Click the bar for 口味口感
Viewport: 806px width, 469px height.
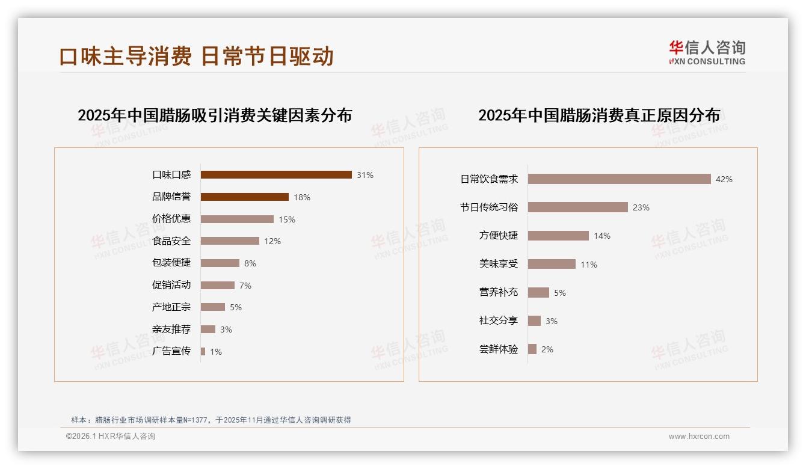pos(276,175)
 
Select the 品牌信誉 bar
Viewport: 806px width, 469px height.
pos(245,197)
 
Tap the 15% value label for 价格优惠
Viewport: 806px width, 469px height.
pos(287,219)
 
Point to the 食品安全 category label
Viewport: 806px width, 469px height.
pos(171,241)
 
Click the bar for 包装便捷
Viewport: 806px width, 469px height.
pos(220,263)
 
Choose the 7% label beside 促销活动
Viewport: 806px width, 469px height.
pos(245,286)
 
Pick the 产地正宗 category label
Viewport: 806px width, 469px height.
pos(171,307)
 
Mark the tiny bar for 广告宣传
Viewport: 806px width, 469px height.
pos(203,351)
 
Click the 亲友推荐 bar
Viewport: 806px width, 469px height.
pos(208,330)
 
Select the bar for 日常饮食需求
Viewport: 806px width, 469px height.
pos(620,179)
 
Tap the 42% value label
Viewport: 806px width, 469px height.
pos(724,179)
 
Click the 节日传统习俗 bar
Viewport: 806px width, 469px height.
pos(578,207)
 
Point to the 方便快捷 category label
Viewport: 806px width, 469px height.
pos(499,236)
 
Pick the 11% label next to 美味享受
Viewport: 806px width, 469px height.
pos(589,265)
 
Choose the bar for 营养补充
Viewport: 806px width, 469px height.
pos(539,293)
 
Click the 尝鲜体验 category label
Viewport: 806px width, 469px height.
pos(499,349)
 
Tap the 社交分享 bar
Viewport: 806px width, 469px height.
pos(535,321)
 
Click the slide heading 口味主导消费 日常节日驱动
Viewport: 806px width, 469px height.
pos(196,56)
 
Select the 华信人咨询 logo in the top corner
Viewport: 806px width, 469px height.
pos(707,52)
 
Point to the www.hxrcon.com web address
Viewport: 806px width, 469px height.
pos(699,437)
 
